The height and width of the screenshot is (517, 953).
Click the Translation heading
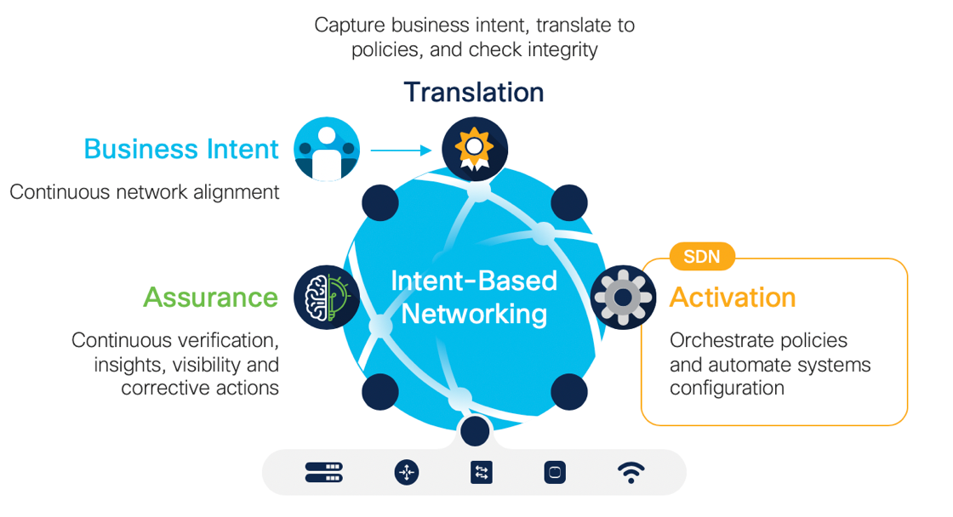click(473, 92)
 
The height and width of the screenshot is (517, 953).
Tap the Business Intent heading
click(180, 149)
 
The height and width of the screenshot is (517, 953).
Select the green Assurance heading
click(210, 297)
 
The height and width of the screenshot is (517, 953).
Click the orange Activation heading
click(733, 297)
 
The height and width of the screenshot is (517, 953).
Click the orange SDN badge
click(702, 256)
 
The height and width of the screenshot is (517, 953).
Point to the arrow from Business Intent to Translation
click(402, 151)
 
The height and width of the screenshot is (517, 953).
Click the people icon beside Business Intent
click(327, 151)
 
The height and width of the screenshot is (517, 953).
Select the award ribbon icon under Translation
click(475, 150)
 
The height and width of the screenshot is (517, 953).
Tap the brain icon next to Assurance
click(327, 298)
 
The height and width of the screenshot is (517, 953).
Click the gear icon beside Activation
click(623, 298)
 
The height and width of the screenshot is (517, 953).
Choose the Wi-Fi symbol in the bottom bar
click(631, 473)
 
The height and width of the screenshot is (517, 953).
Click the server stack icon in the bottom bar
click(323, 473)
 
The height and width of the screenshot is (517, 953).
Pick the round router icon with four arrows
click(407, 473)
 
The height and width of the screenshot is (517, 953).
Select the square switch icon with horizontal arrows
click(481, 473)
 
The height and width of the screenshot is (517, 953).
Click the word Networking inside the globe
click(474, 314)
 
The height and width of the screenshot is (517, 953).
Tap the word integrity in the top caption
click(560, 49)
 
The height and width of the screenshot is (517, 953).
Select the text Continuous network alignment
click(145, 192)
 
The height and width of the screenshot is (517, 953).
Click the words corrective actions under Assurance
click(200, 388)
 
